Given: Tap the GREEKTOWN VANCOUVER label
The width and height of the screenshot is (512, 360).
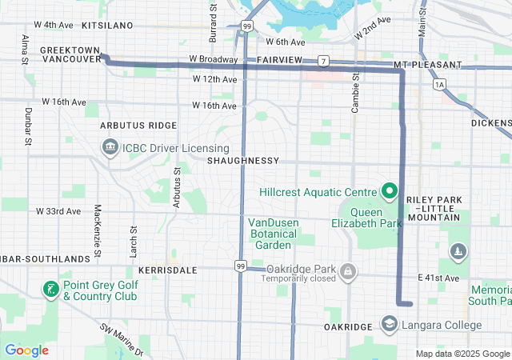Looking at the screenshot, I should click(x=70, y=54).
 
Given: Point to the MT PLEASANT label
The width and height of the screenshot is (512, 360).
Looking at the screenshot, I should click(x=427, y=64).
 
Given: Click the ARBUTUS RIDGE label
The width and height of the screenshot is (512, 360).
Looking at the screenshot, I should click(x=138, y=126).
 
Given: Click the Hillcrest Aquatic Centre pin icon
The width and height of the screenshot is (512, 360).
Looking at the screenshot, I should click(x=389, y=191).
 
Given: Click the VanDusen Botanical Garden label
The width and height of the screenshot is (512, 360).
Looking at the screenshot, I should click(x=272, y=234).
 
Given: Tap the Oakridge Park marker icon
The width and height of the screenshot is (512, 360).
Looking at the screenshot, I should click(x=347, y=274).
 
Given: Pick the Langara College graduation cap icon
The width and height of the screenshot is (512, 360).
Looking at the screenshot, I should click(x=389, y=325).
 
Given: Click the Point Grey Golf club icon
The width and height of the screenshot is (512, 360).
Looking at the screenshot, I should click(x=50, y=289).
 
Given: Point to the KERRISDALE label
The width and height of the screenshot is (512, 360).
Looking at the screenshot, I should click(x=167, y=270).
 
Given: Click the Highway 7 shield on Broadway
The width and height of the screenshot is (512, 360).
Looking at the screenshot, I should click(x=322, y=61).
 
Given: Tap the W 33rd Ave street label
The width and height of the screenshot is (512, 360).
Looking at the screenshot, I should click(x=58, y=211).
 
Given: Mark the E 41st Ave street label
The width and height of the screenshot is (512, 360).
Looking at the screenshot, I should click(x=438, y=278).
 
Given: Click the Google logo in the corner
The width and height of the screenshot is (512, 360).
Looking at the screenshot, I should click(x=26, y=350).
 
